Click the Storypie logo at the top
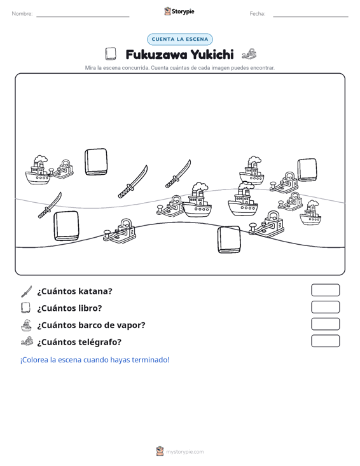[x=179, y=11]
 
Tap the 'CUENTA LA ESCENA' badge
[x=180, y=39]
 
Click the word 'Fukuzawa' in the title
[x=156, y=55]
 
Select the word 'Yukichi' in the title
[x=212, y=55]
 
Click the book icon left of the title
[x=110, y=54]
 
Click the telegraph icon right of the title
[x=249, y=54]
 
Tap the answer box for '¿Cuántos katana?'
[x=325, y=290]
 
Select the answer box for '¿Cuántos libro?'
[x=325, y=307]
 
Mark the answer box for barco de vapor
[x=325, y=324]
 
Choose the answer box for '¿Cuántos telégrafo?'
[x=325, y=341]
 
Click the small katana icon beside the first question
[x=27, y=291]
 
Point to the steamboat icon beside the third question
[x=26, y=325]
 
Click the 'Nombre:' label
[x=22, y=14]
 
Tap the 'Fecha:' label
[x=258, y=14]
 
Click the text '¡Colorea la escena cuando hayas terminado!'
[x=95, y=360]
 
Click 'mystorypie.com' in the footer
[x=185, y=452]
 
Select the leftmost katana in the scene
[x=50, y=205]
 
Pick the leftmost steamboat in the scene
[x=38, y=170]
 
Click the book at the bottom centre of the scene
[x=229, y=240]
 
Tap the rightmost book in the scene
[x=307, y=170]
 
